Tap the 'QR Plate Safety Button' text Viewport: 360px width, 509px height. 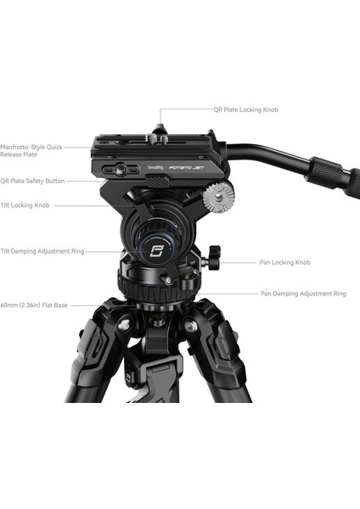(x=32, y=181)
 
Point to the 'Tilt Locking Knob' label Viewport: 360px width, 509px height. (x=26, y=204)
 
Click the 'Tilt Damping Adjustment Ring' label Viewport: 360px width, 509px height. (x=42, y=251)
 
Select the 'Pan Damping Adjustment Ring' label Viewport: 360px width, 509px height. (x=303, y=294)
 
